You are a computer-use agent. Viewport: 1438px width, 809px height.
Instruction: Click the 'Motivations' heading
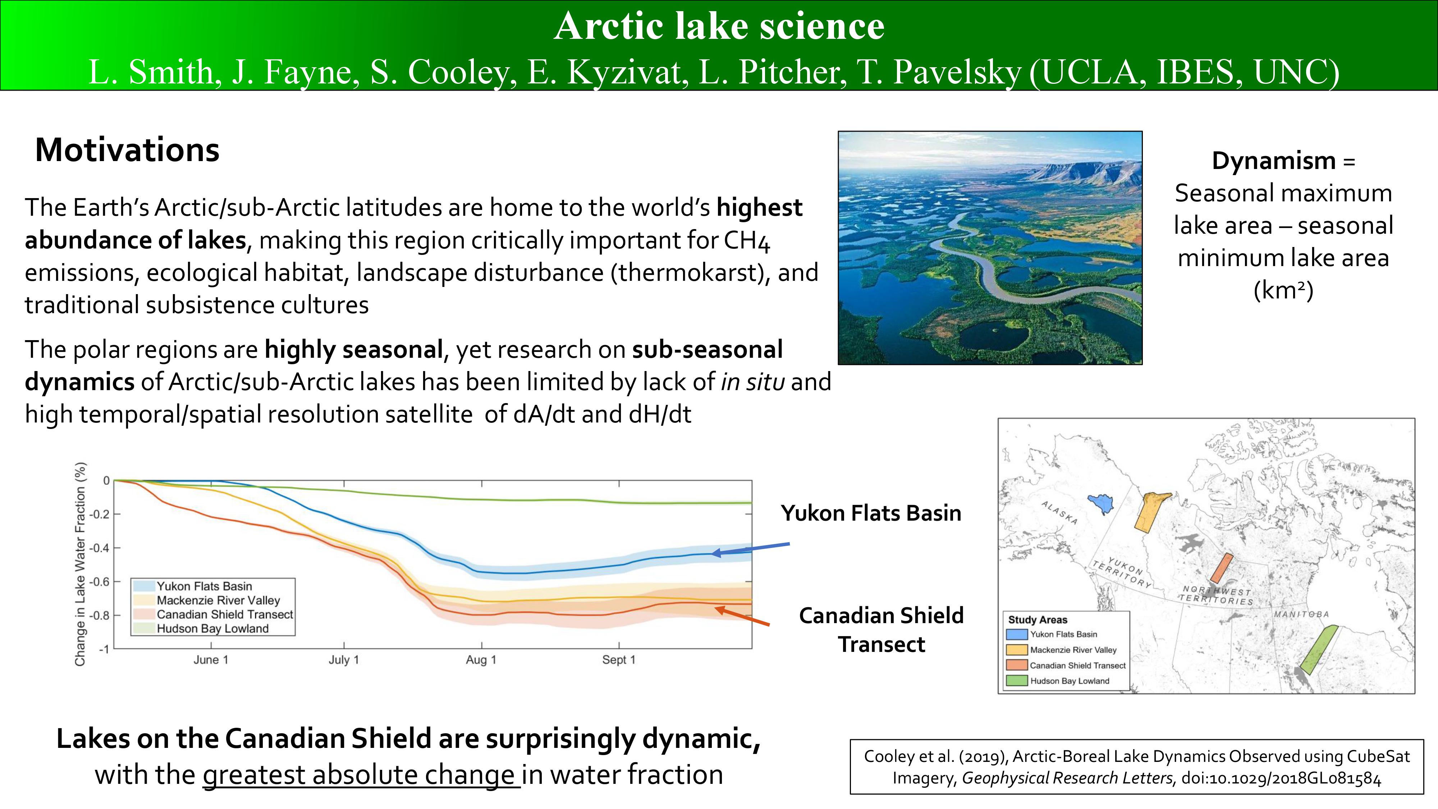(127, 150)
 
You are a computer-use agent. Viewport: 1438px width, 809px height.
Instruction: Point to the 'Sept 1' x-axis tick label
(618, 659)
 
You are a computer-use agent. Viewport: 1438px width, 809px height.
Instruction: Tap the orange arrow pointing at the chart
(742, 616)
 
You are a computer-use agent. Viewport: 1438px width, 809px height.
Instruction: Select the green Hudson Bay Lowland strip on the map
(1319, 650)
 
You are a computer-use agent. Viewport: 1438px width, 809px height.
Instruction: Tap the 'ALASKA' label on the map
(1059, 512)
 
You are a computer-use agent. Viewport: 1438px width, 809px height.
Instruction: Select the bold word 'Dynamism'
(1273, 161)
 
